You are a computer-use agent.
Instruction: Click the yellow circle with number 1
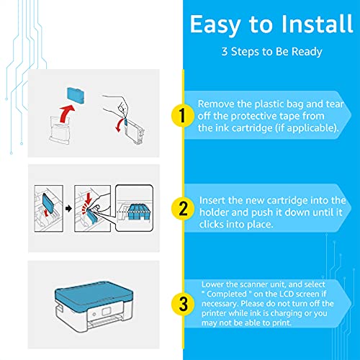click(182, 115)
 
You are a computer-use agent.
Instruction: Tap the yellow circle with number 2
click(183, 208)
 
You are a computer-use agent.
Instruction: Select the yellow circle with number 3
click(183, 304)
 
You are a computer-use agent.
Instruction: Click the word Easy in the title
click(215, 24)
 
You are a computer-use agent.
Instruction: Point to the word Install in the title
click(317, 24)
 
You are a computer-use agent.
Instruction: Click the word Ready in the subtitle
click(307, 52)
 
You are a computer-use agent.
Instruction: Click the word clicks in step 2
click(211, 225)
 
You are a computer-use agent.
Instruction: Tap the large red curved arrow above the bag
click(66, 113)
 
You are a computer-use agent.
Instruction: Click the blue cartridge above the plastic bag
click(76, 95)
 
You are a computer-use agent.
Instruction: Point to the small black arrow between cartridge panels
click(68, 209)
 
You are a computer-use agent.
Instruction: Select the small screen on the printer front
click(106, 311)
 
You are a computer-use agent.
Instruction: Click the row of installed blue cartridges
click(139, 212)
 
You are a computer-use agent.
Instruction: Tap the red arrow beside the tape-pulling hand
click(119, 125)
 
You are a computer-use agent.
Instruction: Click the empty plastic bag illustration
click(60, 130)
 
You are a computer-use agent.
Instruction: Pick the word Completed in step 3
click(227, 294)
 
